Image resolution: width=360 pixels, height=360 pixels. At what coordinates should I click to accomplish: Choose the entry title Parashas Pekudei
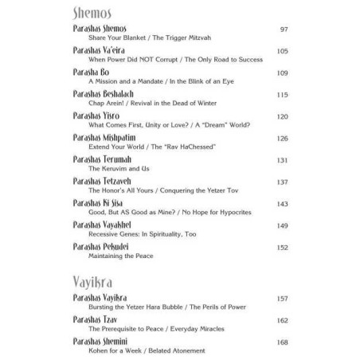93,246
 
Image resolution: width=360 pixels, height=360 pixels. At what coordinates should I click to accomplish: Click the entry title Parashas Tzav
87,321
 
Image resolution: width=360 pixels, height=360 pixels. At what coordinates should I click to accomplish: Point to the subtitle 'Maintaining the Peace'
115,256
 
